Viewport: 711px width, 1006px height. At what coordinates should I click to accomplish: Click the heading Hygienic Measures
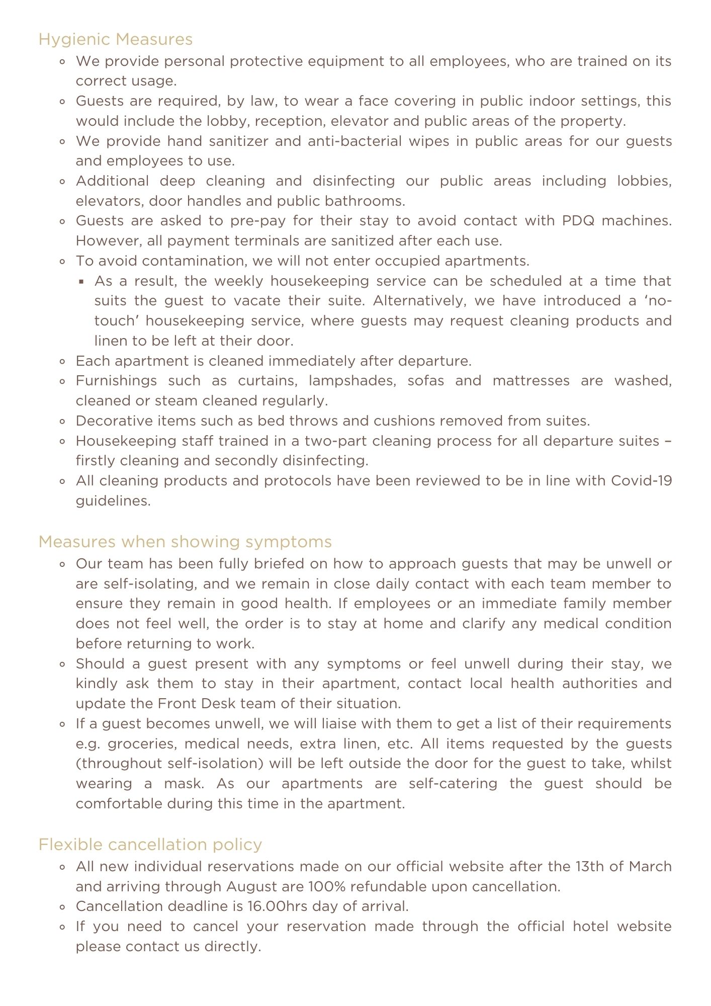pos(115,39)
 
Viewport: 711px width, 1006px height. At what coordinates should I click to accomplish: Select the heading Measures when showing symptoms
pos(185,542)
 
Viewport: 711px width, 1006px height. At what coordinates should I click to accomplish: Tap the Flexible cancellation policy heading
pos(150,845)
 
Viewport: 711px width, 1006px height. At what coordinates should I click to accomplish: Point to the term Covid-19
pos(641,481)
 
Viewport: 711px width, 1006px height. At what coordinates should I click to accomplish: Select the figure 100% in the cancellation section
pos(326,886)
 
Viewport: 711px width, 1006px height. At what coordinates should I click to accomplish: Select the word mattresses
pos(531,381)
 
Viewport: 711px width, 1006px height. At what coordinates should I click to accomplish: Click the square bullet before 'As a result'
pos(81,281)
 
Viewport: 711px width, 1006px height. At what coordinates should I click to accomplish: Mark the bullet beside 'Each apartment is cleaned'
pos(62,361)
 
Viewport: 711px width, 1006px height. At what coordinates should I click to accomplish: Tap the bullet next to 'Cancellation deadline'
pos(62,907)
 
